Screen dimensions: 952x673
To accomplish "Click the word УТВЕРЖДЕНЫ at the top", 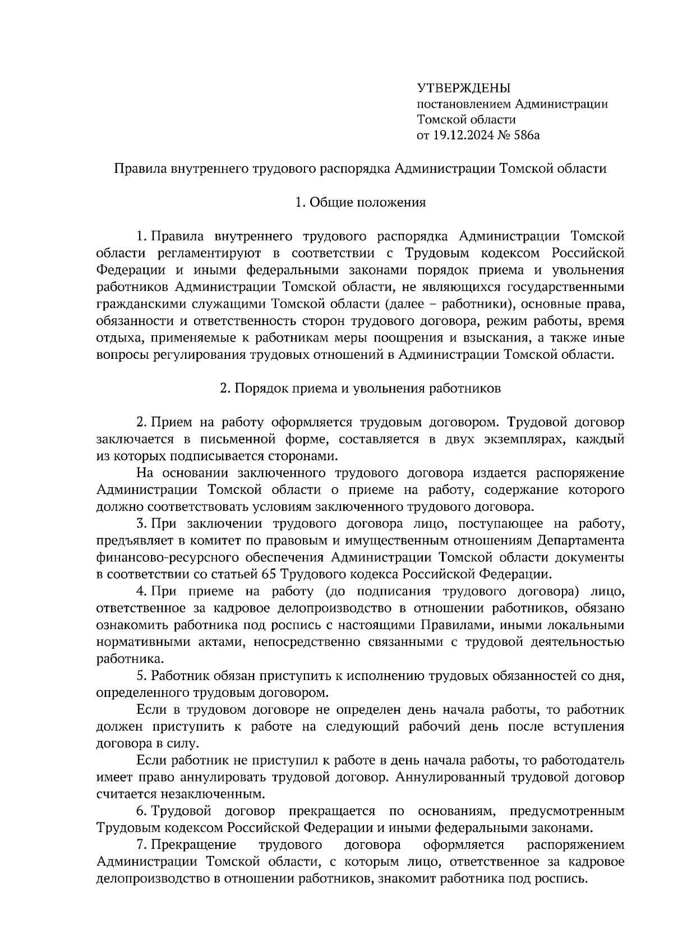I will (x=463, y=88).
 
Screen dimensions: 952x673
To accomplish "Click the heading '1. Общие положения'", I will (x=360, y=202).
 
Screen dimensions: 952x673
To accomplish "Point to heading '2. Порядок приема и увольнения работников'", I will (x=360, y=389).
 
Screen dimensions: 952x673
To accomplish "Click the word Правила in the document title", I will (x=140, y=169).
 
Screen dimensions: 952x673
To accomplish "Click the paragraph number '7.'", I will (x=142, y=845).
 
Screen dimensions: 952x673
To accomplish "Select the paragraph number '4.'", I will (x=142, y=591).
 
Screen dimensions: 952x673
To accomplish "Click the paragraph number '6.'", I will (x=142, y=811).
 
